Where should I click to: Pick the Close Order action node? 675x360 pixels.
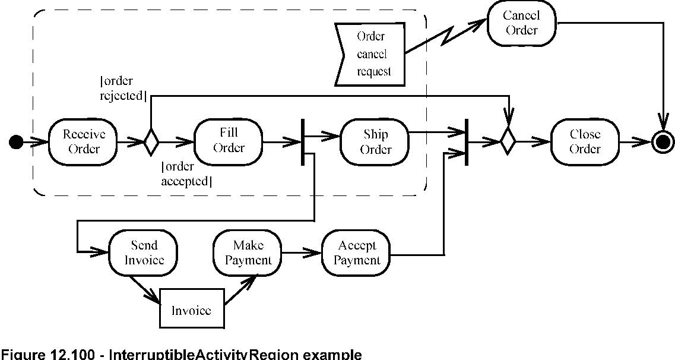pyautogui.click(x=585, y=141)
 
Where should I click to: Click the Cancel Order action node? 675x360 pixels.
pyautogui.click(x=521, y=24)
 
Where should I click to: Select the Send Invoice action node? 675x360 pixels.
pyautogui.click(x=144, y=252)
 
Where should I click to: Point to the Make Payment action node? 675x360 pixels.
pyautogui.click(x=248, y=252)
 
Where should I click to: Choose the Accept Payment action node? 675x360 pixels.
pyautogui.click(x=356, y=252)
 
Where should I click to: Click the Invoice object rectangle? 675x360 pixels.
pyautogui.click(x=192, y=309)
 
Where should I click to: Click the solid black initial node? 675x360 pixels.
pyautogui.click(x=17, y=141)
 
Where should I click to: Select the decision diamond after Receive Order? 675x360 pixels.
pyautogui.click(x=151, y=141)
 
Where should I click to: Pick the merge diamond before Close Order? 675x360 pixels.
pyautogui.click(x=508, y=141)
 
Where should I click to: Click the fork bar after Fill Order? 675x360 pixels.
pyautogui.click(x=303, y=143)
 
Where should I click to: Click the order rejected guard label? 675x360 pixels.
pyautogui.click(x=123, y=88)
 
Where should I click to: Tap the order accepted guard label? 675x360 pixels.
pyautogui.click(x=186, y=175)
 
